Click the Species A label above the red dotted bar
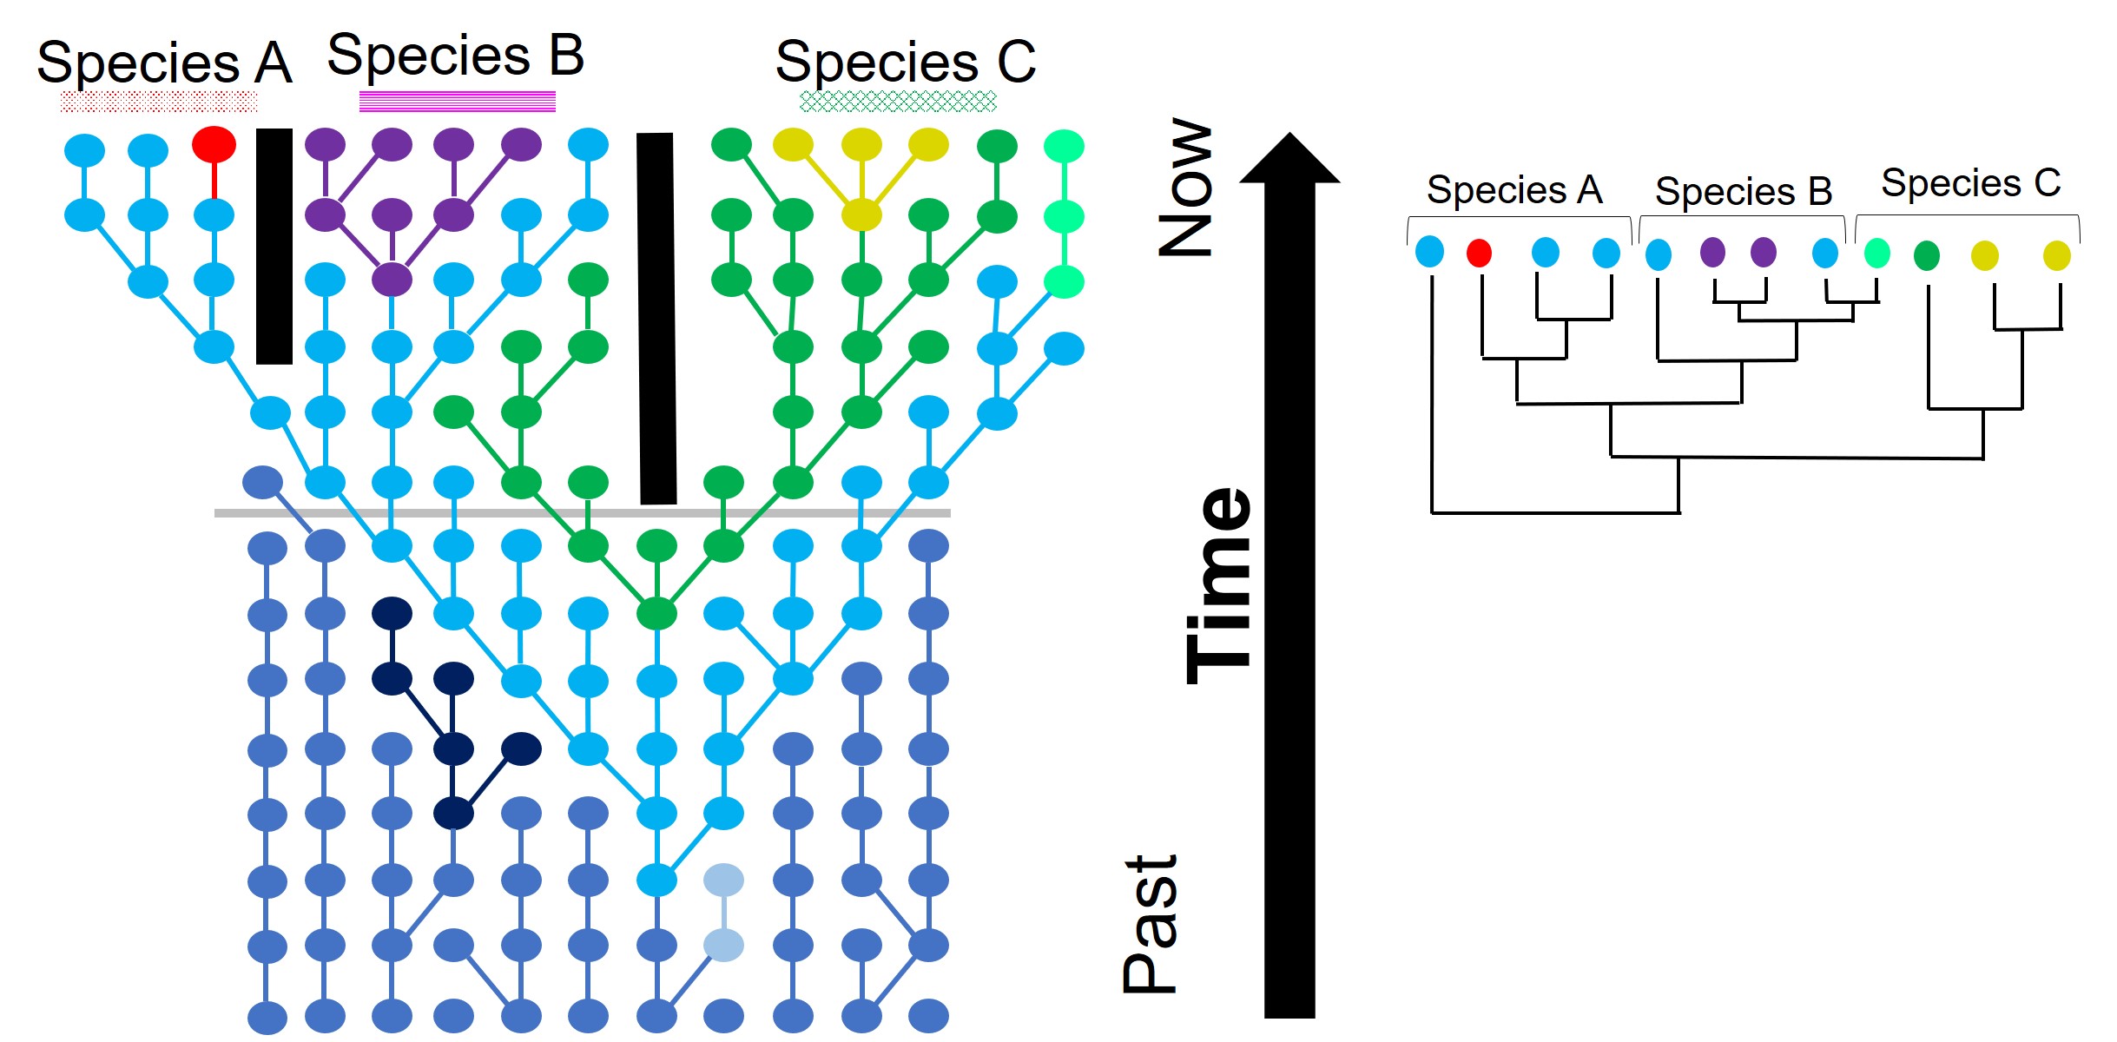[164, 63]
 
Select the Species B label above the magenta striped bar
[455, 56]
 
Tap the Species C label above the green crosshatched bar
[905, 62]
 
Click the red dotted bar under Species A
[159, 102]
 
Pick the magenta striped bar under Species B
[457, 102]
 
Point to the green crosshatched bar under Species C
[898, 102]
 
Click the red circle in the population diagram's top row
[214, 144]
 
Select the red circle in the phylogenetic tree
[1479, 253]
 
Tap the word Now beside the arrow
[1186, 187]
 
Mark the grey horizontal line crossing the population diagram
[582, 513]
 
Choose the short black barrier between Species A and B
[274, 246]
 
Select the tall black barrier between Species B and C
[656, 318]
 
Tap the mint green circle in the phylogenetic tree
[1876, 253]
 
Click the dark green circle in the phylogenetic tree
[1927, 255]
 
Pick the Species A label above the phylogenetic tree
[1514, 189]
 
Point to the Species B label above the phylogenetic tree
[1743, 191]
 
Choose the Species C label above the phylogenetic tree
[1970, 183]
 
